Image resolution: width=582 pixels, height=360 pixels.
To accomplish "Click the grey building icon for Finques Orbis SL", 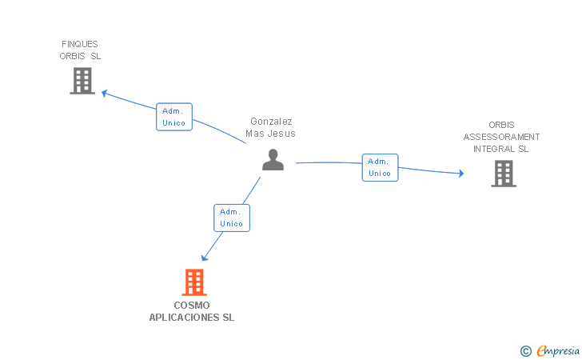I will [82, 81].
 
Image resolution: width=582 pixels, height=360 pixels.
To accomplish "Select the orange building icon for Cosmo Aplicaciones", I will [194, 282].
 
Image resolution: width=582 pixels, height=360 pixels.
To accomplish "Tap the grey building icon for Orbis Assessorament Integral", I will [503, 174].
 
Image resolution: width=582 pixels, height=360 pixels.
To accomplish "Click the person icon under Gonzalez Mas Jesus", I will [273, 161].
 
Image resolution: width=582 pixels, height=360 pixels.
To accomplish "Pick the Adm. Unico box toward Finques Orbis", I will [173, 117].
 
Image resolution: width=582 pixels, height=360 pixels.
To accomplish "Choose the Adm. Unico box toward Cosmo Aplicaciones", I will [231, 218].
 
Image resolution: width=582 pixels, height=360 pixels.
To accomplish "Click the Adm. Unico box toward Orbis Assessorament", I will [380, 167].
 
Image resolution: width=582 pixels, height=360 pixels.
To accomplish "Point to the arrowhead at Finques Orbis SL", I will [104, 93].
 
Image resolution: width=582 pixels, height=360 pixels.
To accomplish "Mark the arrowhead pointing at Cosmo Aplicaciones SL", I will [205, 257].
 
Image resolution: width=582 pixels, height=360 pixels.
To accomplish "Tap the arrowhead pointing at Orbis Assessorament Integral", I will [460, 173].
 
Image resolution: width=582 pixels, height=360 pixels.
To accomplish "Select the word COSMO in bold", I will [192, 305].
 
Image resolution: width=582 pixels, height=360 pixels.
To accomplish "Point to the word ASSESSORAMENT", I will [501, 137].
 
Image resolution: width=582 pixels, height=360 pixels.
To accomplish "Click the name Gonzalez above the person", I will [271, 122].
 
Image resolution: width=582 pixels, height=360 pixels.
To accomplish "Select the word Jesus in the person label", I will [283, 134].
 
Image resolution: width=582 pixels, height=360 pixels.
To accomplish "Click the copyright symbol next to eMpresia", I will [525, 350].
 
